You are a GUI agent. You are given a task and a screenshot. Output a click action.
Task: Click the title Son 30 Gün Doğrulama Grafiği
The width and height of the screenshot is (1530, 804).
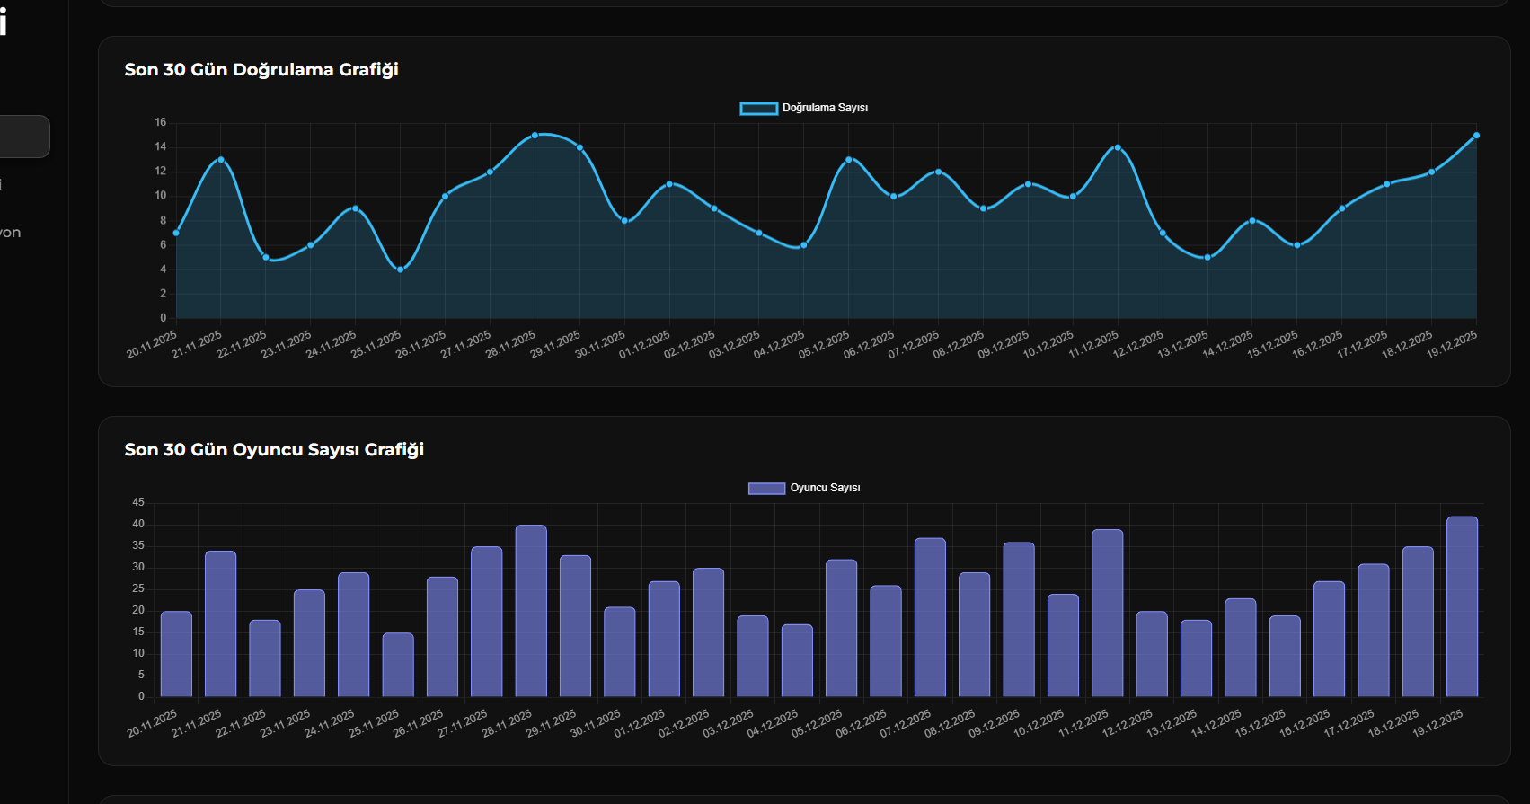point(261,70)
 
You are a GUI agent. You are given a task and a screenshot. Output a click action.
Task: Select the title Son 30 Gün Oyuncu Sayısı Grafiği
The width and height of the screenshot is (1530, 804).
point(274,450)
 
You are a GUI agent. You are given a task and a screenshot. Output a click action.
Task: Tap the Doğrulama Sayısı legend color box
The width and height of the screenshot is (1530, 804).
point(758,109)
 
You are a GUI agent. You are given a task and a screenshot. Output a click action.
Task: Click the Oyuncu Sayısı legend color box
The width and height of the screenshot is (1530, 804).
point(766,489)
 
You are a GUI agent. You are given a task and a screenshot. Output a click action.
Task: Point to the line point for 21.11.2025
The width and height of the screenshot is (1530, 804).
point(221,160)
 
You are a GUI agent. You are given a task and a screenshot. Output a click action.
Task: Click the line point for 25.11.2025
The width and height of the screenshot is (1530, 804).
point(401,269)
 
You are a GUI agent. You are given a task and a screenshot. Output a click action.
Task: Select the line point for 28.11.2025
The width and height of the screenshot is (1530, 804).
point(535,136)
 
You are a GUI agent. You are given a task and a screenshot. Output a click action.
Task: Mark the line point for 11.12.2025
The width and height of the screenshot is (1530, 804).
point(1118,147)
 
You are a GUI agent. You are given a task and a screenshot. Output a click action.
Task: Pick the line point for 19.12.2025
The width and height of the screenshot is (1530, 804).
point(1476,136)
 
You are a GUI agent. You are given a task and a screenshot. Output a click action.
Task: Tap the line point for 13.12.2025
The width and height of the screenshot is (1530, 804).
point(1207,258)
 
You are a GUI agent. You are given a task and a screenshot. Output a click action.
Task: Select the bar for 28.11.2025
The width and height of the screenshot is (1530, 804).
point(531,611)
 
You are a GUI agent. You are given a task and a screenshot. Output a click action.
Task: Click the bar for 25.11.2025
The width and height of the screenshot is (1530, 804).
point(398,665)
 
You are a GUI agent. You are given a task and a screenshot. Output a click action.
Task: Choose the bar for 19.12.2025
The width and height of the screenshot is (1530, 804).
point(1462,606)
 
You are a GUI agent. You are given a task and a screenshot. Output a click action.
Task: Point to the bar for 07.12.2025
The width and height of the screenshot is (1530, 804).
point(930,617)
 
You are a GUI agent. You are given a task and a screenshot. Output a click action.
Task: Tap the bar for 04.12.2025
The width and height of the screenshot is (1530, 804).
point(797,660)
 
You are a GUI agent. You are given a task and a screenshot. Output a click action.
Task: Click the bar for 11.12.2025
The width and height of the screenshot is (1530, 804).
point(1107,613)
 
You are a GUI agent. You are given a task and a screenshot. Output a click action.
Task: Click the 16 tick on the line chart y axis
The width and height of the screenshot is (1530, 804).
point(161,123)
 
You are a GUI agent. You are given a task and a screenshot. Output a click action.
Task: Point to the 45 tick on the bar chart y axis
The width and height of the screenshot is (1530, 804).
point(138,503)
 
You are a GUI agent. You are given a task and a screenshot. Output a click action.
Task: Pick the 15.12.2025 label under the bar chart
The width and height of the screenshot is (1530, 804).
point(1260,724)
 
